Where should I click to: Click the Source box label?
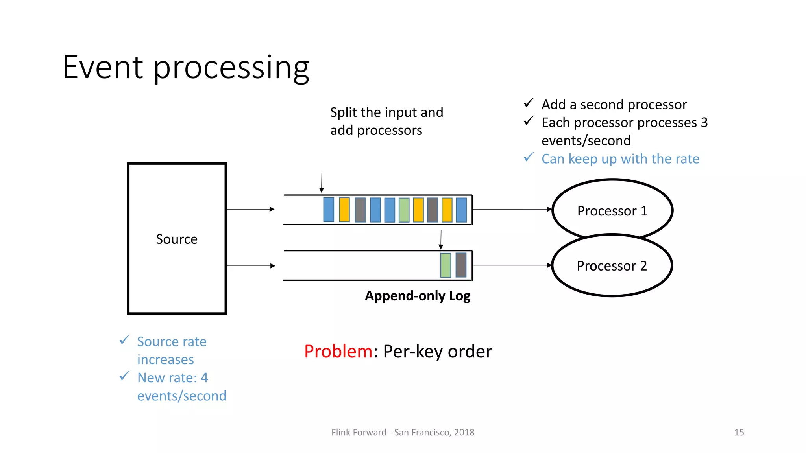(x=177, y=239)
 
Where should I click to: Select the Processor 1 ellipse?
(x=612, y=210)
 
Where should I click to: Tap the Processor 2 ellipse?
(x=612, y=266)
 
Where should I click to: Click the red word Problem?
(x=338, y=351)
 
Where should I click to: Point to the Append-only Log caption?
(x=418, y=296)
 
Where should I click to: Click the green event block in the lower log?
(x=446, y=265)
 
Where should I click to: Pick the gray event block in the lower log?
(x=461, y=265)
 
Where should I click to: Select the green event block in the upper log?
(x=404, y=210)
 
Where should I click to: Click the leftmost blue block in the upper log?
(x=329, y=210)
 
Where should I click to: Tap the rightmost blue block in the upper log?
(x=461, y=210)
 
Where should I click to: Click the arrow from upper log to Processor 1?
(x=512, y=209)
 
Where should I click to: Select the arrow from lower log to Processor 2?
(x=512, y=265)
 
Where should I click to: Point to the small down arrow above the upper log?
(x=322, y=183)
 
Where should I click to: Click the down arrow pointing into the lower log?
(x=441, y=239)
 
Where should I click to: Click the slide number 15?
(x=739, y=432)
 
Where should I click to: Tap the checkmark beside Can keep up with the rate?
(x=529, y=158)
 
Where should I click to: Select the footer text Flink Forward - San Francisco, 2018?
(x=403, y=432)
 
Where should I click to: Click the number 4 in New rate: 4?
(x=204, y=377)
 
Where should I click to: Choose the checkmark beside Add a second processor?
(x=529, y=103)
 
